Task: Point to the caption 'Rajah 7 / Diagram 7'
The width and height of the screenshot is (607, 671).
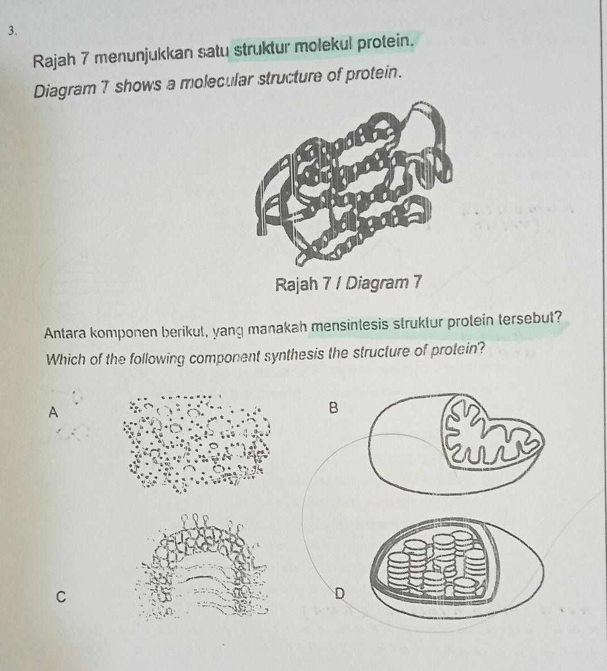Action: tap(348, 282)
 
